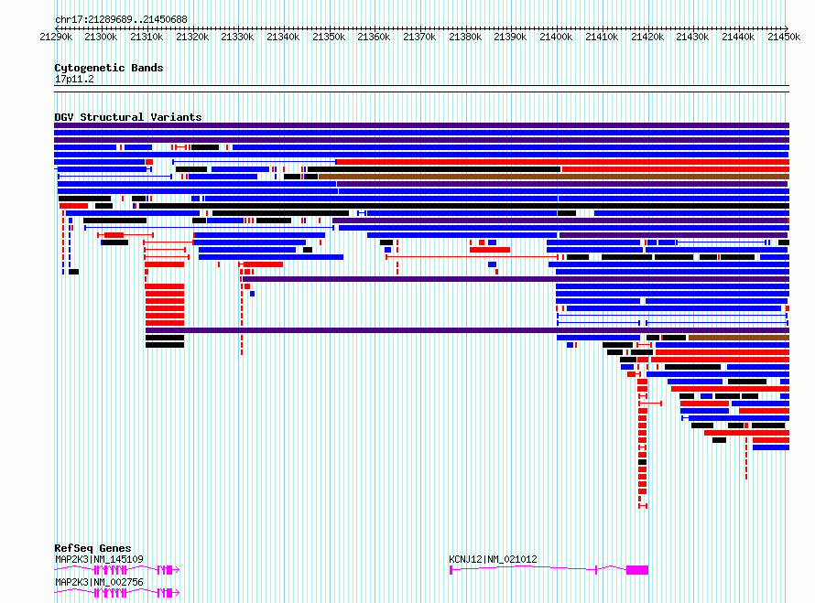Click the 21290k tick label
point(56,37)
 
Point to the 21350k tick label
point(329,37)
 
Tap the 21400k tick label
point(556,37)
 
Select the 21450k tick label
point(784,37)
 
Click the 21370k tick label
point(419,37)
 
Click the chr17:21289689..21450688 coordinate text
point(121,20)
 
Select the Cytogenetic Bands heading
point(109,68)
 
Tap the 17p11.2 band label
point(74,79)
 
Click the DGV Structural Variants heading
point(128,117)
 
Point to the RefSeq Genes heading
point(92,548)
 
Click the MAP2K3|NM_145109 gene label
point(99,559)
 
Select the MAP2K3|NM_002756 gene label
point(99,582)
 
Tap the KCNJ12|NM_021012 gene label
point(493,559)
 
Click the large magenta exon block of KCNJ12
point(637,570)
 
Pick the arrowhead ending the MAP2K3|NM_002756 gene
point(177,593)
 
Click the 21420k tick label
point(647,37)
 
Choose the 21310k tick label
point(147,37)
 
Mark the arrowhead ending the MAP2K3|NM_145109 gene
point(177,570)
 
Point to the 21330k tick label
point(237,37)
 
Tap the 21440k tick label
point(738,37)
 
